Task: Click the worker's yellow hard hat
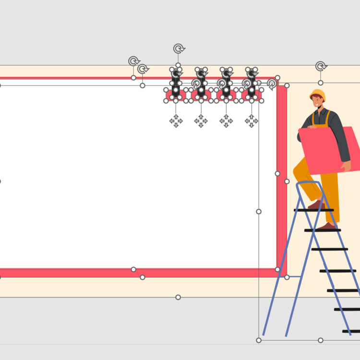[318, 94]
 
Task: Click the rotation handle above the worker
[321, 66]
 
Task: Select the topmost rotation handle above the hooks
[179, 48]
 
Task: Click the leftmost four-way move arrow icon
[176, 121]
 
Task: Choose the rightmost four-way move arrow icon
[252, 121]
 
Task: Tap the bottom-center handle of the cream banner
[178, 297]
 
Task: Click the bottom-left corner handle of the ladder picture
[259, 340]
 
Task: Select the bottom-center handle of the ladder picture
[321, 340]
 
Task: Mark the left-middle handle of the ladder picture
[259, 211]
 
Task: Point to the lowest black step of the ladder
[351, 331]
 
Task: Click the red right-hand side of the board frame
[282, 178]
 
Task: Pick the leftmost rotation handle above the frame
[133, 61]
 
